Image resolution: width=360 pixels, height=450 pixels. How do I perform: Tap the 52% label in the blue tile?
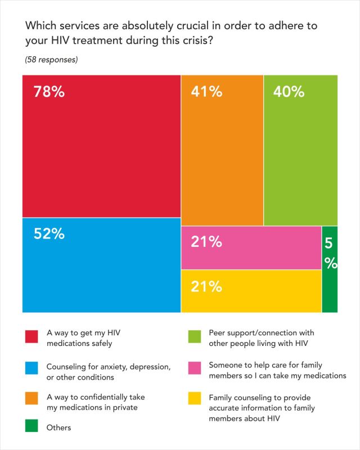(49, 234)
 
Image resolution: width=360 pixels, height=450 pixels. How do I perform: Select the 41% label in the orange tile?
(206, 92)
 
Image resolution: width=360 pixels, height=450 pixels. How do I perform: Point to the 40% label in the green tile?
(289, 92)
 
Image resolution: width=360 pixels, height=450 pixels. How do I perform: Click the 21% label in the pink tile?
(206, 242)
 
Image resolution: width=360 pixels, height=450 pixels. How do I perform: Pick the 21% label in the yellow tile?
(206, 287)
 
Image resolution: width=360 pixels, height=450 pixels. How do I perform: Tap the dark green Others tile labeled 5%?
(330, 268)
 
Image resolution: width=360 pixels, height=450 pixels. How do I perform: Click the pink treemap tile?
(251, 247)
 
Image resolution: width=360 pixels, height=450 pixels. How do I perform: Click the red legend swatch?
(31, 337)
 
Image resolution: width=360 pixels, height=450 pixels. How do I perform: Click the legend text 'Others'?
(58, 427)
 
